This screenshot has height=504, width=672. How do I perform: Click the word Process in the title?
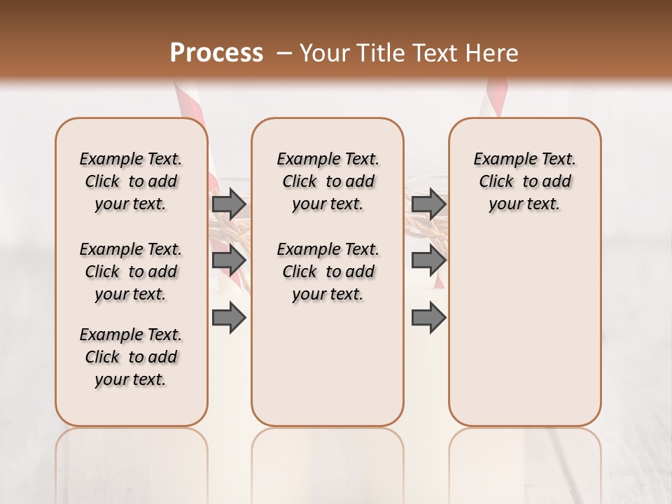point(216,52)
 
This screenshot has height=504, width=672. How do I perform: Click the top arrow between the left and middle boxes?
point(229,204)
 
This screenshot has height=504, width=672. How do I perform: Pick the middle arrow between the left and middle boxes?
point(229,261)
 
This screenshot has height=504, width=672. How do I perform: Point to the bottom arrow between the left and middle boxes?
point(229,318)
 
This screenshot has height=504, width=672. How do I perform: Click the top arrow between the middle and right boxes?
point(428,204)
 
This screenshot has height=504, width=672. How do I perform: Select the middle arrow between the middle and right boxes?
point(428,261)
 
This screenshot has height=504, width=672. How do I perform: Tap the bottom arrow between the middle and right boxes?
point(428,318)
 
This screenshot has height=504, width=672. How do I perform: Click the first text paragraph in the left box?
point(131,181)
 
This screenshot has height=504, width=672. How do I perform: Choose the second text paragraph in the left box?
point(131,272)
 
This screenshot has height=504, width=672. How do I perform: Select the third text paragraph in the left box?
point(131,357)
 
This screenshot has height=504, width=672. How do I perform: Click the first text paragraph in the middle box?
point(328,181)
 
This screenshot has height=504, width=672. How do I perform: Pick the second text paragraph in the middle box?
point(328,272)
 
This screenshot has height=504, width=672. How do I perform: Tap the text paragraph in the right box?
point(524,181)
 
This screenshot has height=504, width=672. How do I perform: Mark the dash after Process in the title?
point(284,52)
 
